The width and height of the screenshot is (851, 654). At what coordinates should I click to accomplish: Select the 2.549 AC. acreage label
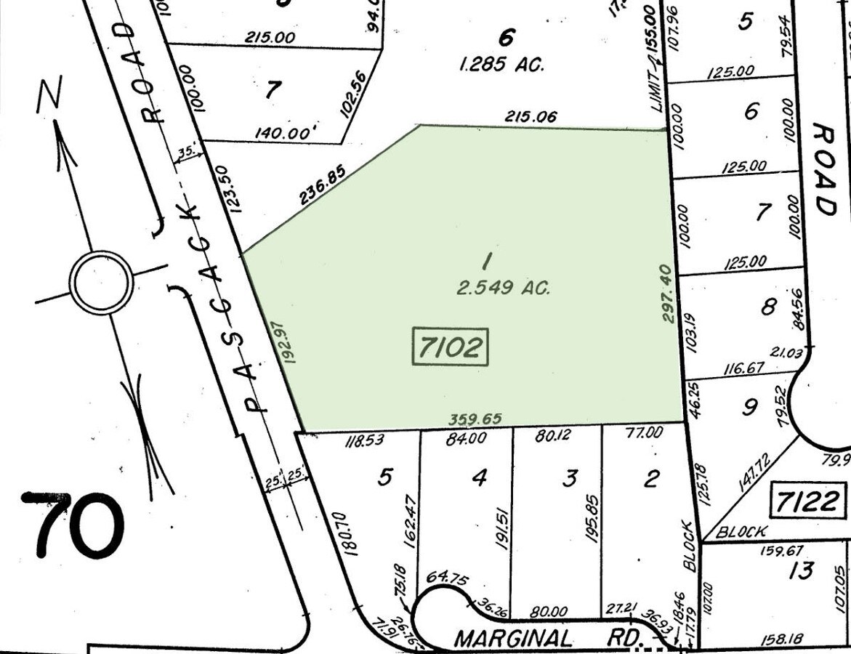503,288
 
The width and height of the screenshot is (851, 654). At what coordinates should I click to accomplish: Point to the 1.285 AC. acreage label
502,65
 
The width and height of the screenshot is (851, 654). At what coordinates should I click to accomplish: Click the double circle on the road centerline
101,282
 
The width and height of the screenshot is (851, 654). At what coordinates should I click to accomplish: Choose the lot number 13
801,570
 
